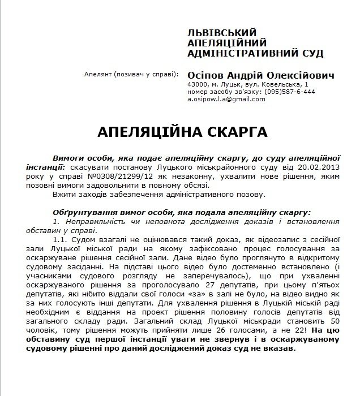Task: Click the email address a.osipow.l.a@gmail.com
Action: coord(226,99)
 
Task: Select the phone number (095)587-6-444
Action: coord(288,92)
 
